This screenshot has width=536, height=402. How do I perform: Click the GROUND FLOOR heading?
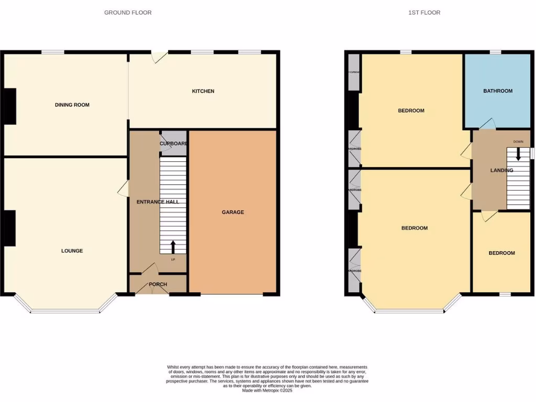[128, 13]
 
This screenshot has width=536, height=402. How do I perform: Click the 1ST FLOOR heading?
[424, 13]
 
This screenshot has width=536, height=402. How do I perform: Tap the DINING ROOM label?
[72, 105]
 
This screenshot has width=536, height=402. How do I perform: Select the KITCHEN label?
[203, 91]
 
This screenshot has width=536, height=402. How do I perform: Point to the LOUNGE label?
[72, 251]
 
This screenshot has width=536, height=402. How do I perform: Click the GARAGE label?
[233, 212]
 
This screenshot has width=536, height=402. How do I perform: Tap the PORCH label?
[158, 284]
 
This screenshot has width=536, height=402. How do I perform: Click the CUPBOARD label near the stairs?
[173, 143]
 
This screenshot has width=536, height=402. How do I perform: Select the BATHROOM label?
[498, 91]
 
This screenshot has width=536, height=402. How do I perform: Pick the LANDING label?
[501, 170]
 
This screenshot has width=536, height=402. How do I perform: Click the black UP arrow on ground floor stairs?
[173, 246]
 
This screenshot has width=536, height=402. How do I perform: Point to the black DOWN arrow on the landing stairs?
[519, 154]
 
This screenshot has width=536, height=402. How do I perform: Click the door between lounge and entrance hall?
[124, 189]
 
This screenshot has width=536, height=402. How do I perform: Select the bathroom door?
[487, 124]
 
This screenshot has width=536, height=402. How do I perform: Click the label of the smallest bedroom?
[501, 253]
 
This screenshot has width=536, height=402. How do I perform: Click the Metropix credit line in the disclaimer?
[267, 390]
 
